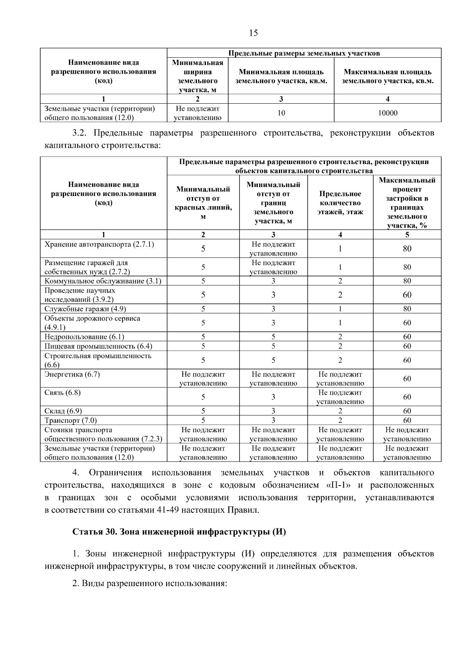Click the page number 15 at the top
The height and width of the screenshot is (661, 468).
click(253, 33)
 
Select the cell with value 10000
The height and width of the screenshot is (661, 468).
click(388, 113)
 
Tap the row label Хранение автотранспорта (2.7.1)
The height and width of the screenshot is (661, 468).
click(99, 244)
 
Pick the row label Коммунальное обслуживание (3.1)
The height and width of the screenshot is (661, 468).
click(103, 281)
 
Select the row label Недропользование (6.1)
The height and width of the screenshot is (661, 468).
click(84, 337)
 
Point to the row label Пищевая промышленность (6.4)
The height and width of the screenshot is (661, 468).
click(98, 346)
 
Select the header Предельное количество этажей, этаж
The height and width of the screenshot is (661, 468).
click(340, 203)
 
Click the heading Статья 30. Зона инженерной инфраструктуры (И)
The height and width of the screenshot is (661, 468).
click(179, 532)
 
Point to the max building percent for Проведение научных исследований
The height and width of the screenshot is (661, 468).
click(407, 295)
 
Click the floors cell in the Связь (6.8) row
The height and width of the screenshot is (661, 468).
click(340, 397)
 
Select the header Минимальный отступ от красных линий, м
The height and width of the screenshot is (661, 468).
click(203, 203)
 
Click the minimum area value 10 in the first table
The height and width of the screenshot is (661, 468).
click(281, 113)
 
